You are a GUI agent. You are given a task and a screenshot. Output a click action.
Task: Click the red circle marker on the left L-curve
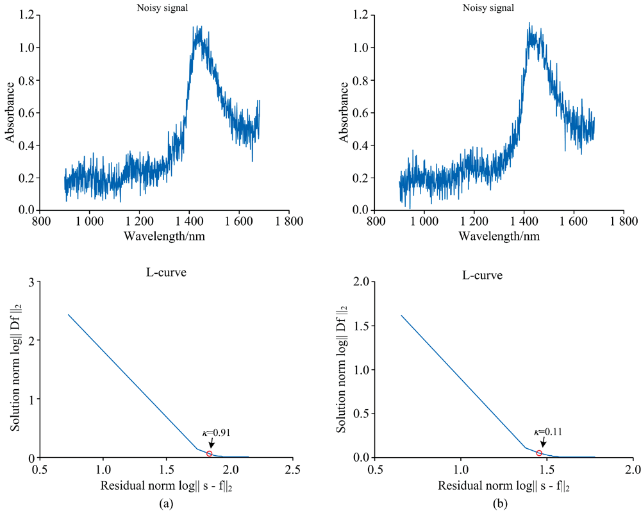210,454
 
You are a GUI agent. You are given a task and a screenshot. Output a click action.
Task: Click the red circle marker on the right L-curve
539,453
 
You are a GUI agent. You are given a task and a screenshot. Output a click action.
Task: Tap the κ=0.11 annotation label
547,433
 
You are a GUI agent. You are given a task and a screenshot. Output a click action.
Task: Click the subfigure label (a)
166,503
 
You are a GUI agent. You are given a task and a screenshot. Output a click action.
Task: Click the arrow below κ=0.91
212,443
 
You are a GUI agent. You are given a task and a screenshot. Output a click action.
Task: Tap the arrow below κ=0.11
543,443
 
